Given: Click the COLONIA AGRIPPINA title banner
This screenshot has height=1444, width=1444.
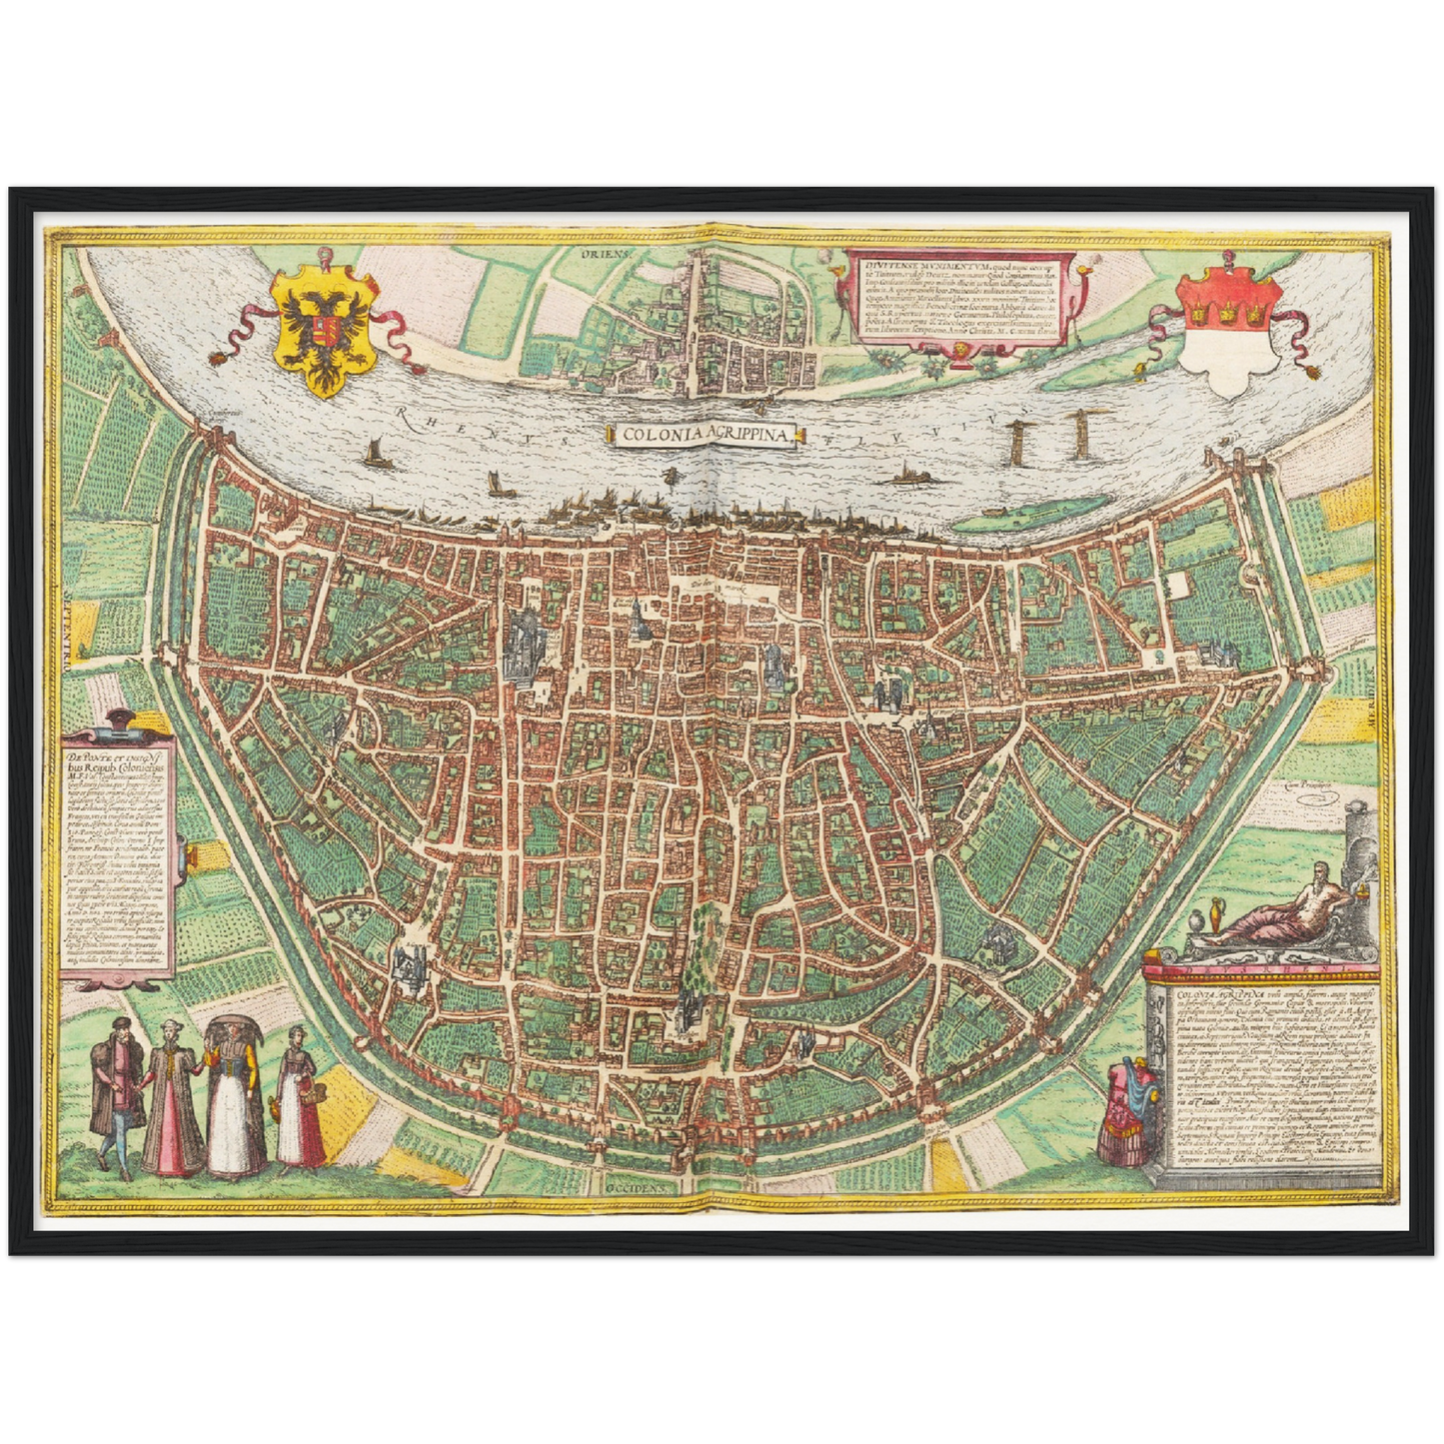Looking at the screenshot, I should point(705,434).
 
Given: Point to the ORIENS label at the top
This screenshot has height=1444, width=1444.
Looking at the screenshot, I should point(607,254).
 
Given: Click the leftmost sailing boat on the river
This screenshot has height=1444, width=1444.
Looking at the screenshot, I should point(376,455).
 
